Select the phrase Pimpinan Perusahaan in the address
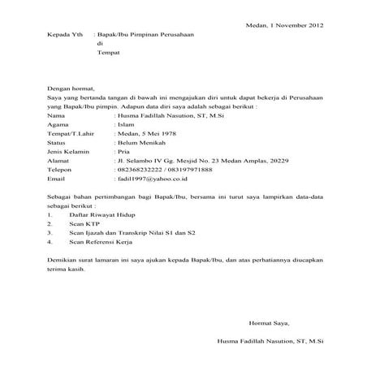(x=166, y=37)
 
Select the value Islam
(x=127, y=126)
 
